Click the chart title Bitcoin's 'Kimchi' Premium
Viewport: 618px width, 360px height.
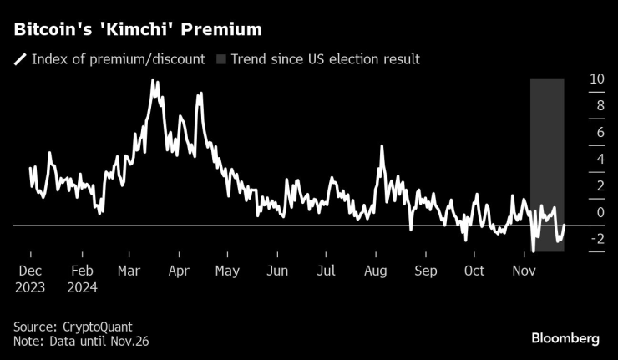coord(137,29)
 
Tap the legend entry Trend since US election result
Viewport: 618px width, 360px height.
coord(325,59)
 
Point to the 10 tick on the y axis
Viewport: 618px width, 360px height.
coord(597,79)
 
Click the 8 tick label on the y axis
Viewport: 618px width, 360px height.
coord(600,106)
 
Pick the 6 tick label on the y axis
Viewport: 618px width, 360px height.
coord(600,133)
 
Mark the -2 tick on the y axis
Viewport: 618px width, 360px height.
coord(598,239)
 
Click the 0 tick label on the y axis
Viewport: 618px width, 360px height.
coord(600,212)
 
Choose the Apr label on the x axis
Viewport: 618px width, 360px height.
coord(179,271)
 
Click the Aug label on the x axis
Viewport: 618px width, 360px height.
coord(376,271)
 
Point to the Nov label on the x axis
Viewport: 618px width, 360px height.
coord(524,271)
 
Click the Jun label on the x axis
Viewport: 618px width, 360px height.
coord(277,271)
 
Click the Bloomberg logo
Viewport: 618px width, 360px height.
coord(565,338)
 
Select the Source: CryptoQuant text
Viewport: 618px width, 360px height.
coord(73,327)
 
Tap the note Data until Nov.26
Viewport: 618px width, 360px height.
coord(81,341)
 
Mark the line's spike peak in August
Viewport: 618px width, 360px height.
coord(382,146)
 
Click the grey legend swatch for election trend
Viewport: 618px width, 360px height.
coord(221,59)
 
